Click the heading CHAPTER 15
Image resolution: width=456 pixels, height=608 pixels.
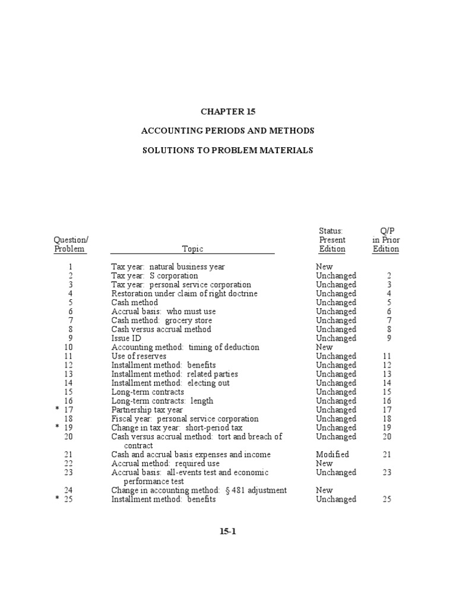point(227,111)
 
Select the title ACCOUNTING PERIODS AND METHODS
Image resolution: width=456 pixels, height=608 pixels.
point(227,130)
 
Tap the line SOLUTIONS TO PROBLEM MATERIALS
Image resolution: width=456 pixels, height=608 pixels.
point(227,150)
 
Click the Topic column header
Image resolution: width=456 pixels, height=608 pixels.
point(192,249)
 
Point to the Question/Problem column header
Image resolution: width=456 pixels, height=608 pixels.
point(70,245)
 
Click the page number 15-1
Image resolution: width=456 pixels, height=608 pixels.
point(227,531)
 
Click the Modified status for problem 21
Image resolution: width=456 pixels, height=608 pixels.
point(332,454)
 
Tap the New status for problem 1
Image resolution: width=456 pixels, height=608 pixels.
point(324,267)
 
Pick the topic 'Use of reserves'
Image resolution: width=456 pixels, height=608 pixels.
point(139,356)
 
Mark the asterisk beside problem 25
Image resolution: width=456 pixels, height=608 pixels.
point(58,499)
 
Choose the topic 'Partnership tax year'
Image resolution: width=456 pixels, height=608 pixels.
point(148,410)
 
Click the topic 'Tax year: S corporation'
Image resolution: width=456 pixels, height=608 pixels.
point(154,276)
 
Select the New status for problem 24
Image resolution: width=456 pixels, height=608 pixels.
point(324,490)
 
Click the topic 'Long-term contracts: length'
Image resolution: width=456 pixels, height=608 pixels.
point(162,401)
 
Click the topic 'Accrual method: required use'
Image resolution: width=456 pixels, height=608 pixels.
point(165,463)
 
